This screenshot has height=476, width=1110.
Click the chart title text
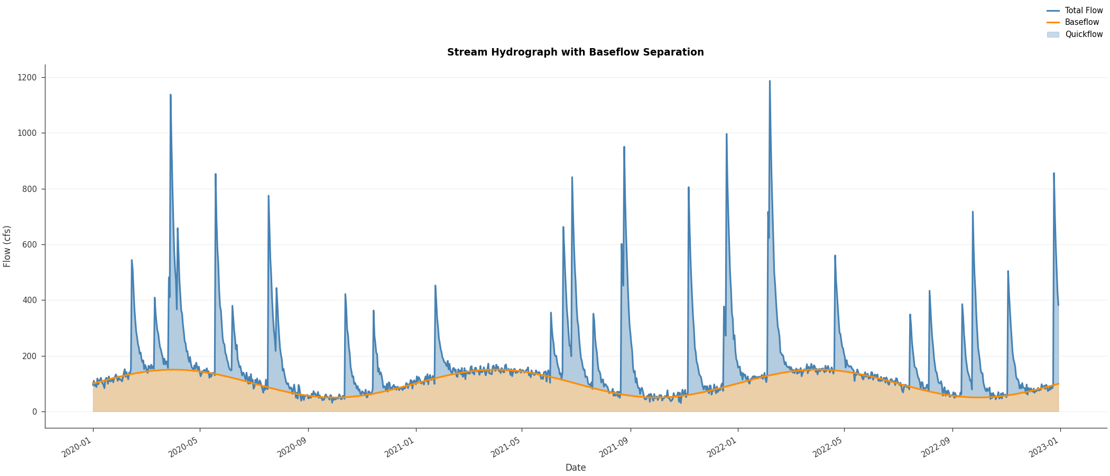click(575, 52)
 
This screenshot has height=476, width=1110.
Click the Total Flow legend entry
click(1084, 11)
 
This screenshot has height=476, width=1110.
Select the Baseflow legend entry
click(1081, 22)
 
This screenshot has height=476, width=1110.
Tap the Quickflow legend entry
click(1084, 34)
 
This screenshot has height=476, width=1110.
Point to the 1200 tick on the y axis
click(28, 78)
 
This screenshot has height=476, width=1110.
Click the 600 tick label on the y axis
click(30, 245)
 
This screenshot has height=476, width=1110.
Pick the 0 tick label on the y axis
click(35, 412)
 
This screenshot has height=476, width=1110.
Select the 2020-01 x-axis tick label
click(77, 450)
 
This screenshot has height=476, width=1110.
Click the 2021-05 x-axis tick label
click(505, 450)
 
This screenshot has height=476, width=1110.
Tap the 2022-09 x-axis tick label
click(936, 450)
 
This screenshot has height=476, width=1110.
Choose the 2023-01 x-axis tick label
click(1043, 450)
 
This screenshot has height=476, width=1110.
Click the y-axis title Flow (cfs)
click(7, 246)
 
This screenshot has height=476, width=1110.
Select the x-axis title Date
click(575, 468)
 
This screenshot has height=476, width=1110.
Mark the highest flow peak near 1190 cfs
click(770, 81)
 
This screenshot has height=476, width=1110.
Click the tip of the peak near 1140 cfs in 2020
click(170, 95)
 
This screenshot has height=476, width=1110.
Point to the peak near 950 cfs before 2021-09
click(624, 147)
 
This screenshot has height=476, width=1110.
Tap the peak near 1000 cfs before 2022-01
click(726, 134)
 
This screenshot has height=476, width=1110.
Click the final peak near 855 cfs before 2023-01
click(1053, 173)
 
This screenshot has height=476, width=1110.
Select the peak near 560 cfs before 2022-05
click(835, 256)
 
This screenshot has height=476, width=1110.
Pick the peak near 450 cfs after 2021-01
click(435, 286)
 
